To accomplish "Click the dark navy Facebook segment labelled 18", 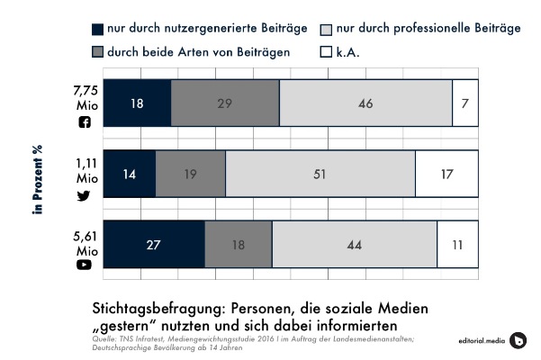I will coord(138,103).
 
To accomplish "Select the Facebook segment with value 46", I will coord(365,103).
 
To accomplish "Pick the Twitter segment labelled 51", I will coord(320,173).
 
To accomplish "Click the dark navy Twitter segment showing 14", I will coord(130,173).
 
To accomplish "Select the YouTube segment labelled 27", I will coord(155,243).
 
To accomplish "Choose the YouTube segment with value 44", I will coord(355,243).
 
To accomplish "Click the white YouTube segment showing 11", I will coord(458,243).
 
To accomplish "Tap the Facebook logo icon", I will coord(86,121).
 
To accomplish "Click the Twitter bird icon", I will coord(86,192).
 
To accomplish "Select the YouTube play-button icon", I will coord(86,264).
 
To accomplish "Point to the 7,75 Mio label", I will coord(86,97).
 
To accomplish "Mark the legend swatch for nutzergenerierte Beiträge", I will coord(97,29).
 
